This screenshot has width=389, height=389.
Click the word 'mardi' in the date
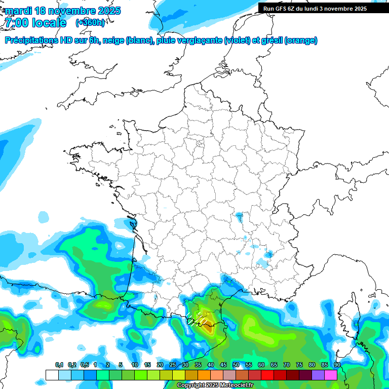coord(17,11)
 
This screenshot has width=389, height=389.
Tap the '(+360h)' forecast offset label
coord(90,22)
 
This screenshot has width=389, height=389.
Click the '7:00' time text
coord(16,22)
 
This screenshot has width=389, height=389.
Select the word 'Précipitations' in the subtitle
coord(32,41)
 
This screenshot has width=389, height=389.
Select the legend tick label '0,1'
coord(59,365)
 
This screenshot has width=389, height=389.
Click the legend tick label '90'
coord(337,365)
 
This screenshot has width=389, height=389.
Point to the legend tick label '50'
coord(236,365)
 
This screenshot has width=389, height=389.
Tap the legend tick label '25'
coord(173,365)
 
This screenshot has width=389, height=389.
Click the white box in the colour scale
coord(52,375)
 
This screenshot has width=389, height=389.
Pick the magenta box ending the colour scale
coord(331,375)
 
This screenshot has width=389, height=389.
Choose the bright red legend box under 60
coord(267,375)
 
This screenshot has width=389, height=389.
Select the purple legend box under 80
coord(318,375)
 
